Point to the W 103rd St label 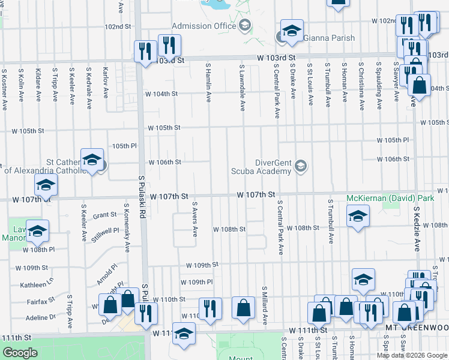coord(277,58)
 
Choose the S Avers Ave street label coord(195,219)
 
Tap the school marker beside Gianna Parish coord(292,32)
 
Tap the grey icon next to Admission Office coord(244,25)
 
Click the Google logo coord(20,353)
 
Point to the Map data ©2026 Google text coord(412,355)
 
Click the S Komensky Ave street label coord(127,228)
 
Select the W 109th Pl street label coord(197,281)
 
